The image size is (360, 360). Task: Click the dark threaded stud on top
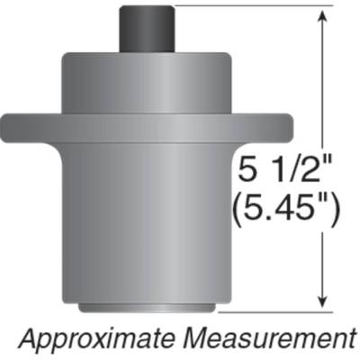point(144,29)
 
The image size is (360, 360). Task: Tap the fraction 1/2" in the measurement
point(306,171)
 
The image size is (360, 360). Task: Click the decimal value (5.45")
point(286,211)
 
